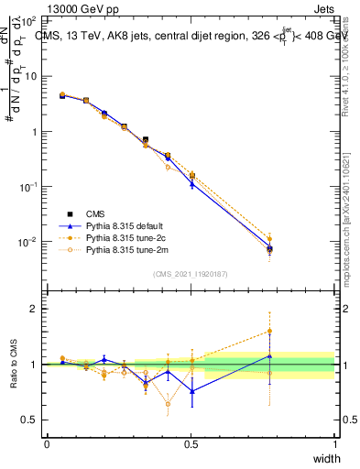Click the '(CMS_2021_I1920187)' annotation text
tap(191, 272)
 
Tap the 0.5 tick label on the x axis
tap(191, 443)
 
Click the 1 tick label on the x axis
tap(335, 443)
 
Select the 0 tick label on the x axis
tap(47, 443)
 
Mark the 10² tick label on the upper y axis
tap(28, 20)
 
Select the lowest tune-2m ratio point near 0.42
tap(168, 403)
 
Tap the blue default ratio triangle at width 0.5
tap(191, 391)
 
